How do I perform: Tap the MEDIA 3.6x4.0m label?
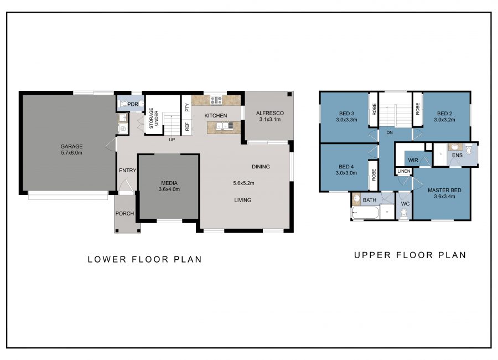[169, 186]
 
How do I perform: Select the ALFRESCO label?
[270, 113]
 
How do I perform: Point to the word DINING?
[261, 167]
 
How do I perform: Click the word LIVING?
[243, 200]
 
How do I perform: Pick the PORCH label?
[124, 213]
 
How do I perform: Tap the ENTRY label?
[127, 171]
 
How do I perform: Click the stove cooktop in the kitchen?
[216, 100]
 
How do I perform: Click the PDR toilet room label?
[133, 104]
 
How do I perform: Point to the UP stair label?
[172, 140]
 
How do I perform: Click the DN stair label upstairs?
[390, 132]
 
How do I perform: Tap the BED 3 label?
[346, 114]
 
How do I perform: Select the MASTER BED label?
[444, 190]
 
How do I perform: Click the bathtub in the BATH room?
[365, 213]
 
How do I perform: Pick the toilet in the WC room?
[404, 214]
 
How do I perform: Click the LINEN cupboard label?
[404, 171]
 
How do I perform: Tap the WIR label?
[413, 160]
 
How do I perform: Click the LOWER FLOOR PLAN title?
[145, 260]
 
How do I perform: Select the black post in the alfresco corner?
[289, 95]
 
